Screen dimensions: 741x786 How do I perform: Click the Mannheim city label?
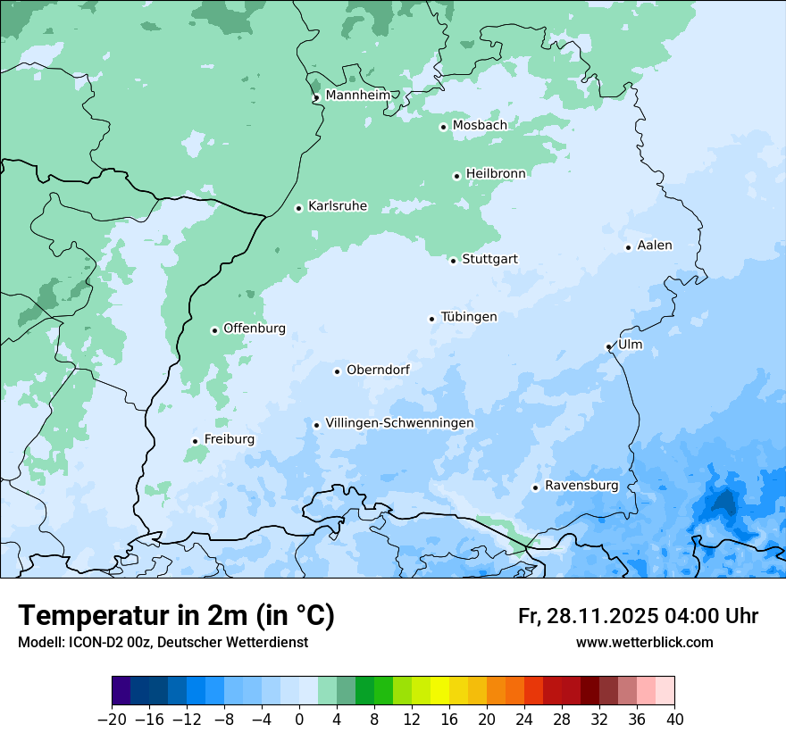pos(357,95)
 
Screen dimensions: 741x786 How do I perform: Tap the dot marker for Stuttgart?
pos(453,261)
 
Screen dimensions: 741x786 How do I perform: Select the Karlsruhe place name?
pos(338,206)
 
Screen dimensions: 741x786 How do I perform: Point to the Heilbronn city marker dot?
pos(456,176)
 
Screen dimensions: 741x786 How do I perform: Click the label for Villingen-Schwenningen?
pos(399,423)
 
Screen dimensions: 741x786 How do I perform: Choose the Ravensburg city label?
pos(581,486)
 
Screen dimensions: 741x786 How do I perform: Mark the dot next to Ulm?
pos(608,346)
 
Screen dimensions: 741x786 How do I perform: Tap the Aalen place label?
pos(655,246)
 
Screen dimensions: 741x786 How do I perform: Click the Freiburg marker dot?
pos(195,441)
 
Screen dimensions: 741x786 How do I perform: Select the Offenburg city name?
pos(255,329)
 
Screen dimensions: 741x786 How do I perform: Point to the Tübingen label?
pos(469,317)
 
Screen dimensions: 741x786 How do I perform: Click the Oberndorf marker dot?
pos(337,371)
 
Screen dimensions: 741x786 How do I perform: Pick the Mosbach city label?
pos(480,126)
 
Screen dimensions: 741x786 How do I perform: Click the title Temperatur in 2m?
pos(176,616)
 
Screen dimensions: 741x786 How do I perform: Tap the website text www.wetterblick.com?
pos(644,643)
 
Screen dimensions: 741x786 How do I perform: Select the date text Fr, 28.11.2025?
pos(589,616)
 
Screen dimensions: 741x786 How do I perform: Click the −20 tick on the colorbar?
pos(113,720)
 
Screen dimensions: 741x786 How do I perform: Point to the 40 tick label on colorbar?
pos(674,720)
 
